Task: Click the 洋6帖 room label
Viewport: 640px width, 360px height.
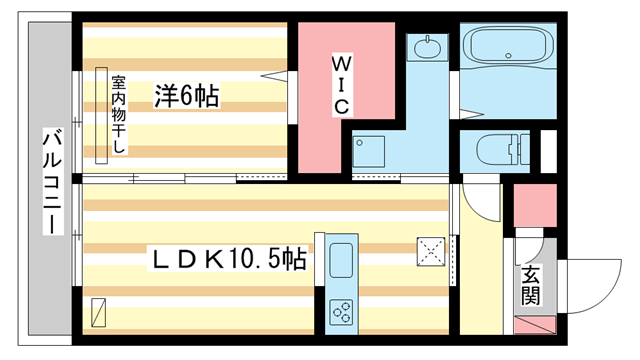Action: [x=187, y=96]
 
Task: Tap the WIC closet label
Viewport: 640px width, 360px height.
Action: [x=340, y=84]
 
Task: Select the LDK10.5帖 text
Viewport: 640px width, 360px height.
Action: [x=229, y=259]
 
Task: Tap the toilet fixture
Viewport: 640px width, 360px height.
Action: [x=500, y=150]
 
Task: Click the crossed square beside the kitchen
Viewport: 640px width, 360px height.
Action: [x=431, y=249]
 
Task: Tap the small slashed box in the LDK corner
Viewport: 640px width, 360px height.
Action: [x=97, y=313]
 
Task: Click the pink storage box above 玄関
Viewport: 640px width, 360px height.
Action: [x=535, y=205]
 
